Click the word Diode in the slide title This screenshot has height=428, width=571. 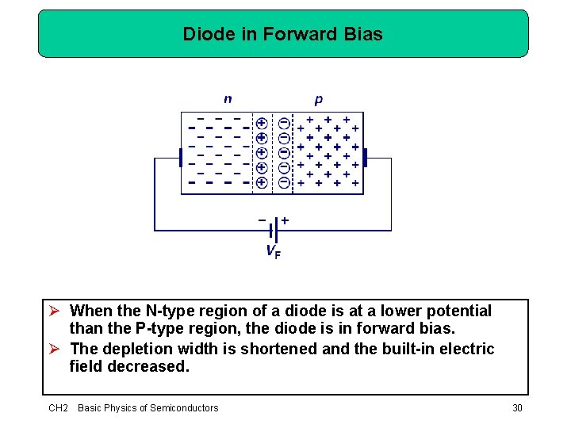pos(204,34)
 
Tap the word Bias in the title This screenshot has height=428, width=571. pos(365,34)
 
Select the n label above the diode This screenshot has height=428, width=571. pos(228,99)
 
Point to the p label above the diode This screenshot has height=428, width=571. pos(318,99)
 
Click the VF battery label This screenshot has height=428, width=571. pos(272,253)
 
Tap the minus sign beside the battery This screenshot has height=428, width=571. pos(262,219)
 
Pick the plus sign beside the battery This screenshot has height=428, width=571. pos(285,219)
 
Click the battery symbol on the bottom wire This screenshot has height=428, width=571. pos(272,231)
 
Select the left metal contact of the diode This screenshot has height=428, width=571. pos(180,162)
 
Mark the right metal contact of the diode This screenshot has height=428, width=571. pos(366,162)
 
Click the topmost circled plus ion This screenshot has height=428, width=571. pos(262,123)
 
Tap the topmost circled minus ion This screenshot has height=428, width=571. pos(284,123)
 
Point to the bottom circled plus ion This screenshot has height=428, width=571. pos(262,182)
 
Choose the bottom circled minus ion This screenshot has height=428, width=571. pos(284,182)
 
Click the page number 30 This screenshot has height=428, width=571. pos(517,407)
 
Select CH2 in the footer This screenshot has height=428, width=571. pos(59,407)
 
